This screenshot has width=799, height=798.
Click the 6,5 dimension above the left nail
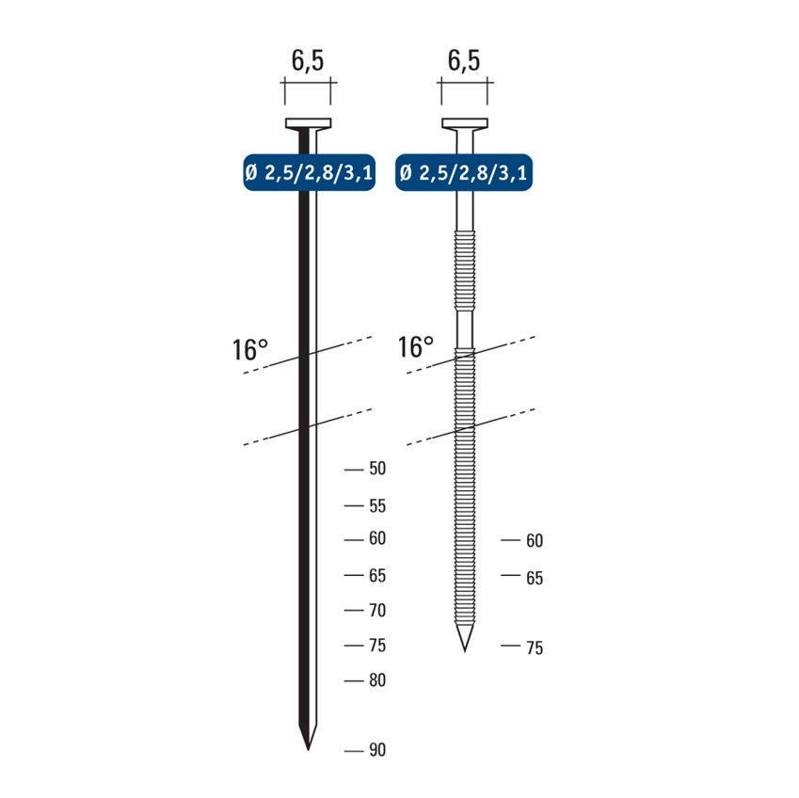tap(307, 60)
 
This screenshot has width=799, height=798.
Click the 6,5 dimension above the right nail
tap(464, 60)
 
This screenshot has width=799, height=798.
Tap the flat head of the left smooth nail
tap(308, 123)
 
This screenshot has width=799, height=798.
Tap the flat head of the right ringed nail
tap(464, 123)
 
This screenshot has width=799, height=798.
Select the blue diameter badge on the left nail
tap(310, 172)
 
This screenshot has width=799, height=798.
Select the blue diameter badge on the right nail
tap(464, 172)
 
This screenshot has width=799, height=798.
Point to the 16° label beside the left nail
tap(249, 349)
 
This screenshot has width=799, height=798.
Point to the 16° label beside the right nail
tap(415, 346)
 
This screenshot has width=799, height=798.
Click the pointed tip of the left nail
tap(308, 749)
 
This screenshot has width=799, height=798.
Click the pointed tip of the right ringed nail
tap(464, 651)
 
